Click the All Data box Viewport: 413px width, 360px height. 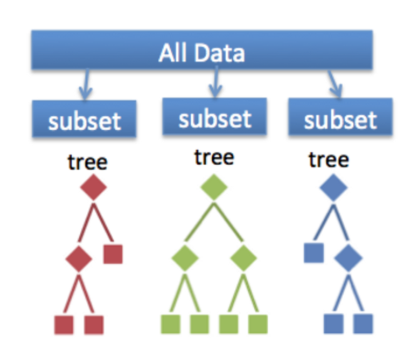[202, 50]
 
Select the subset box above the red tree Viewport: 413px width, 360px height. [84, 119]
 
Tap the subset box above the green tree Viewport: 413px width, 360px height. [214, 116]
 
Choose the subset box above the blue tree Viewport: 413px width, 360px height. [340, 117]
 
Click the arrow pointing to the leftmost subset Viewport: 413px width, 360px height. [86, 84]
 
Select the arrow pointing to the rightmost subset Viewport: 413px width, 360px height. [335, 84]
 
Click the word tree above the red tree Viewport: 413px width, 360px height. [88, 162]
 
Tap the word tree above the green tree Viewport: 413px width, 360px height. [214, 157]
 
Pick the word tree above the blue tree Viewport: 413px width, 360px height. [329, 160]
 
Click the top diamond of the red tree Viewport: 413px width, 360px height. [93, 187]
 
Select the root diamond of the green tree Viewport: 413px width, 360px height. [214, 187]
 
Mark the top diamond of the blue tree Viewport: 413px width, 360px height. [333, 187]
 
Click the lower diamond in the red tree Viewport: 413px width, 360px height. [79, 259]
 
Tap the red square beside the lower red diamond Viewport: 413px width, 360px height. [113, 254]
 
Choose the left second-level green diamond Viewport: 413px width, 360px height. [185, 258]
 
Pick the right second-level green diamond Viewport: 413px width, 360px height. [244, 258]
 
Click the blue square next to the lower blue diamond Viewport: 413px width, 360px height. [314, 253]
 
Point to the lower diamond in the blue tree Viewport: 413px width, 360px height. [348, 258]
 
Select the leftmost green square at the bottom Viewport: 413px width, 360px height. [171, 324]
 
